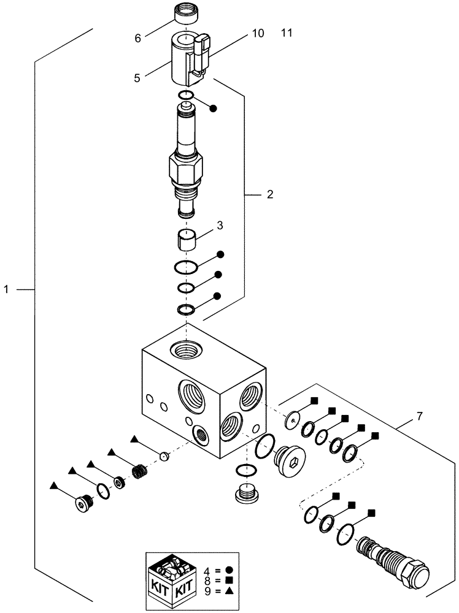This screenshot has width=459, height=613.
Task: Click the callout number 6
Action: tap(138, 38)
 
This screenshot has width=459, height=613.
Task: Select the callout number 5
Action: tap(137, 78)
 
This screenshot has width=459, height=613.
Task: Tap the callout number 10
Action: tap(258, 34)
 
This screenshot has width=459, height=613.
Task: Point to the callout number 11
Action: tap(287, 34)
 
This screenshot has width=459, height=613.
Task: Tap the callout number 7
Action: tap(419, 417)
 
